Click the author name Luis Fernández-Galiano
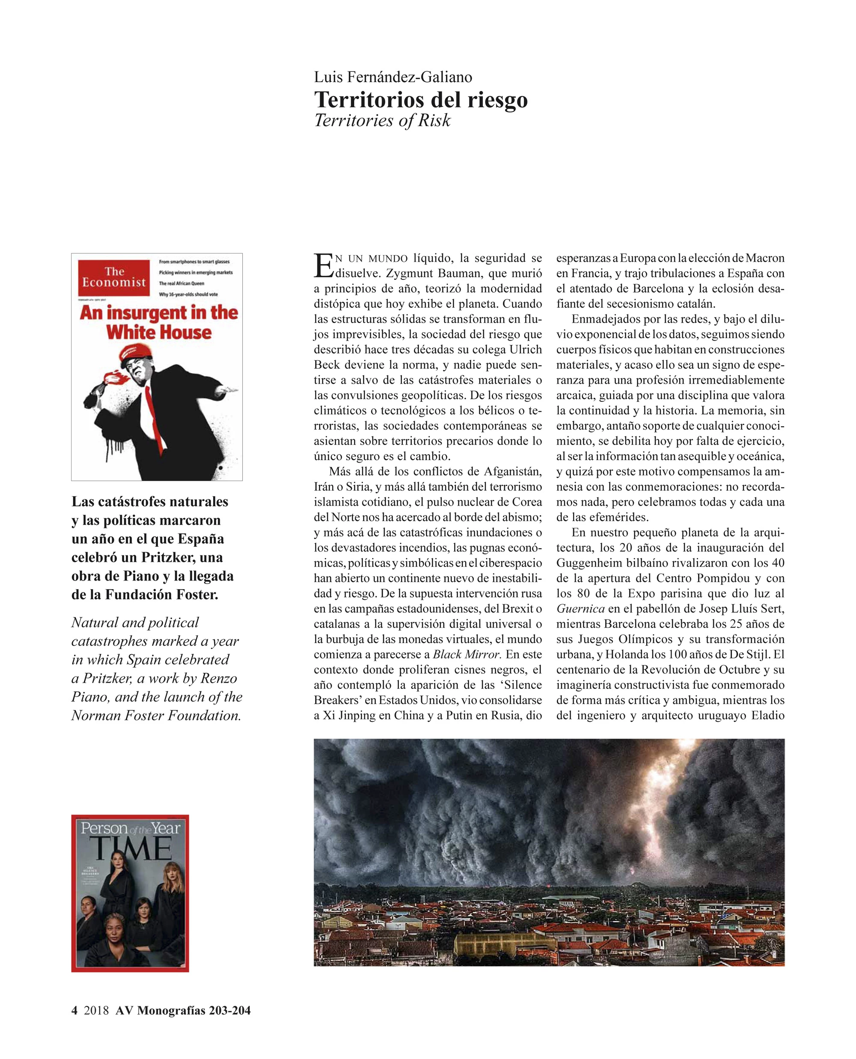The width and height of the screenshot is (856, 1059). [x=393, y=77]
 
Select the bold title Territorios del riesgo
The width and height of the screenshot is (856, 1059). [x=421, y=100]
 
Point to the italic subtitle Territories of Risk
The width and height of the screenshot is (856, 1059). [x=382, y=120]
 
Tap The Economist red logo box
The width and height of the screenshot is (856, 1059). [x=114, y=278]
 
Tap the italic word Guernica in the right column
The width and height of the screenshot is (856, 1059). [x=580, y=608]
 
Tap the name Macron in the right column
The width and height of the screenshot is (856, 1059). [x=764, y=258]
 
